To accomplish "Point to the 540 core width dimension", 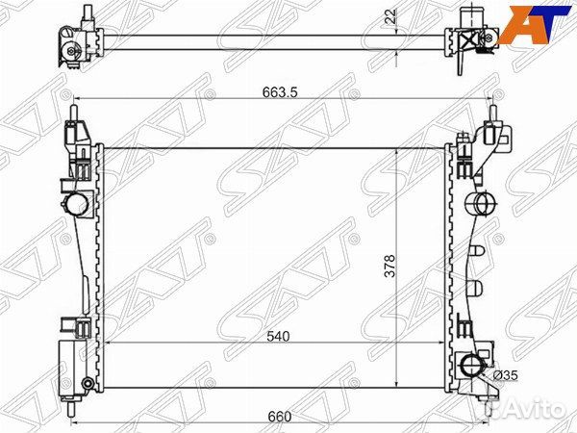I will point(280,336).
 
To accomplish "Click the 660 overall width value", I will point(278,416).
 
